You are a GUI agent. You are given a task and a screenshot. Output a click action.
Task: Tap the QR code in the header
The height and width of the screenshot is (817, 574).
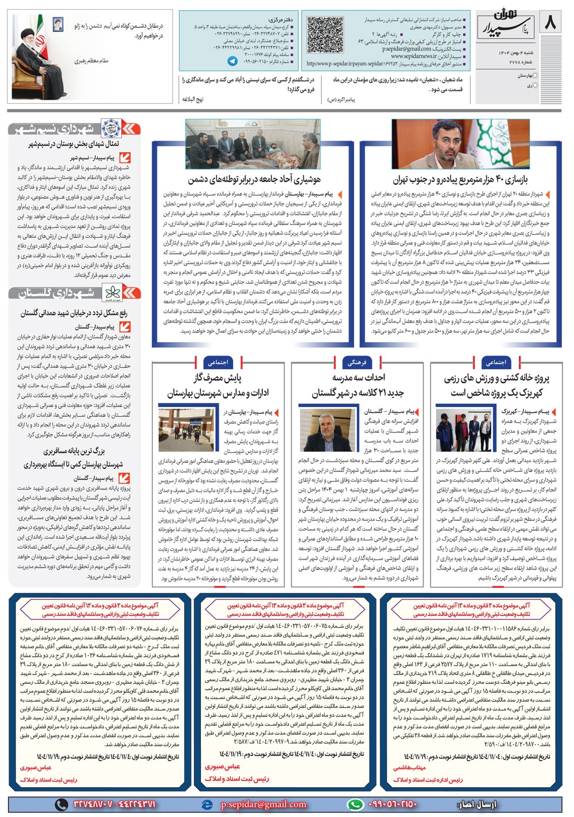point(324,35)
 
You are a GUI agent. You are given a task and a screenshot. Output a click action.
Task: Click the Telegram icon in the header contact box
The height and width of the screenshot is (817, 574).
point(232,60)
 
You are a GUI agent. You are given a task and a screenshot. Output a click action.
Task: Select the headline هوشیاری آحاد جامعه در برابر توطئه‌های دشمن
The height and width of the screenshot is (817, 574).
point(254,180)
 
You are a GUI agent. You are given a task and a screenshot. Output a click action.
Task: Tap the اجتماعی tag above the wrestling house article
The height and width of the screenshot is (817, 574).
point(495,362)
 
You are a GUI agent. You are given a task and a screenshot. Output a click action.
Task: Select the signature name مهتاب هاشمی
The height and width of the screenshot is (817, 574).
point(409,767)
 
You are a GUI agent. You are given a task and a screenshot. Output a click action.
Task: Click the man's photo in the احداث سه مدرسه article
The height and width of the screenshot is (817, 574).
point(334,430)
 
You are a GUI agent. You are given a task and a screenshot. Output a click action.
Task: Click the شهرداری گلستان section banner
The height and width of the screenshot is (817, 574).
point(74,292)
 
